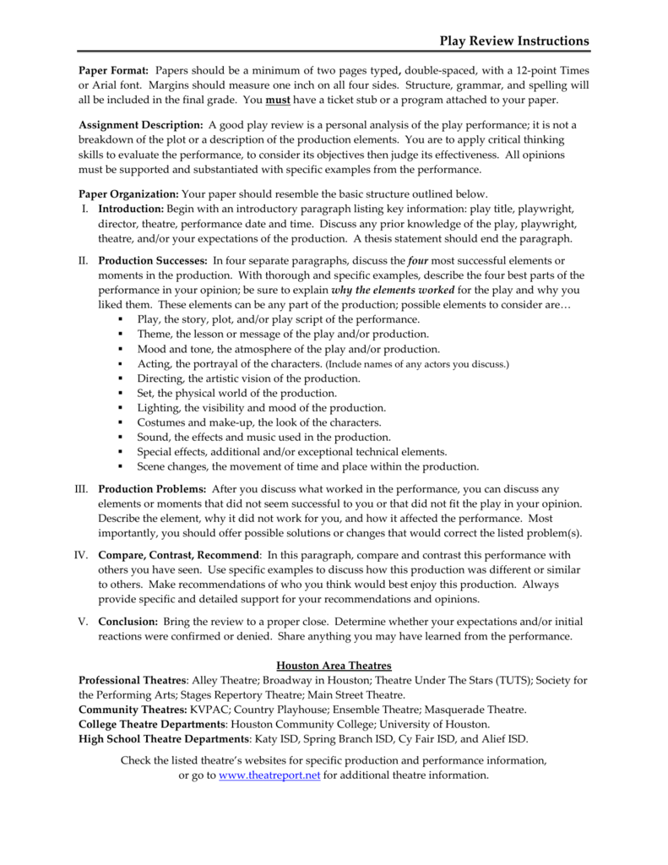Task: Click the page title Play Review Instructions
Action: point(514,41)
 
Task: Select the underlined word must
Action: point(277,100)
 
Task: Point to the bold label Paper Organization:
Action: point(128,193)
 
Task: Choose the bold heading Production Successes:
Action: point(152,261)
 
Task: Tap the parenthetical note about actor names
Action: point(417,364)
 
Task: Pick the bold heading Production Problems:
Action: point(152,489)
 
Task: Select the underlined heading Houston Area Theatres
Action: point(334,666)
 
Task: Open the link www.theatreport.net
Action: point(269,775)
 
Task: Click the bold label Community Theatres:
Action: point(133,710)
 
